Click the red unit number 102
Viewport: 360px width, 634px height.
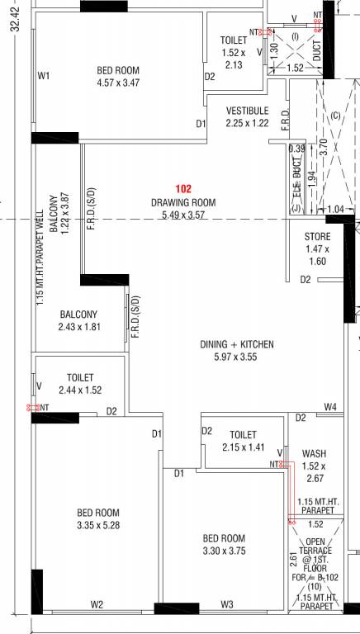coord(182,188)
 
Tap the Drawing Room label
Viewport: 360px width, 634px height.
coord(183,202)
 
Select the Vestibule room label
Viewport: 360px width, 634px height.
coord(247,111)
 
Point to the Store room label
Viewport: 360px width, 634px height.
coord(318,237)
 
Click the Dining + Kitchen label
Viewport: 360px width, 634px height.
coord(237,344)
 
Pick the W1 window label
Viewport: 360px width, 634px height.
coord(44,76)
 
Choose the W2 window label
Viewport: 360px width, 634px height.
coord(97,605)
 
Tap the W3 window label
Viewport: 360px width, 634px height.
coord(227,605)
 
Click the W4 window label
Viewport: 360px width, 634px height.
coord(330,406)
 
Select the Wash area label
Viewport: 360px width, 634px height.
coord(314,454)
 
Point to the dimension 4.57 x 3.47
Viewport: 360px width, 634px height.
coord(118,83)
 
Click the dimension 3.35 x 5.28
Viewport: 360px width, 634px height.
coord(98,526)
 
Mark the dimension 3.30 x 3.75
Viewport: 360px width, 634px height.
coord(224,551)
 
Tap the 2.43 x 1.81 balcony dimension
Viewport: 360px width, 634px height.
coord(79,327)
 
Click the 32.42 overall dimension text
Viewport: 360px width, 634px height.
coord(15,19)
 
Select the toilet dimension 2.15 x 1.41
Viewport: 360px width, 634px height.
coord(243,447)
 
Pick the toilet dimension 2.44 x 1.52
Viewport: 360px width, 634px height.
coord(80,390)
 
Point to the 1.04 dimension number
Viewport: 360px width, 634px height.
coord(334,209)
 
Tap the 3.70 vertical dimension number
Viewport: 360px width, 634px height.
coord(322,147)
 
